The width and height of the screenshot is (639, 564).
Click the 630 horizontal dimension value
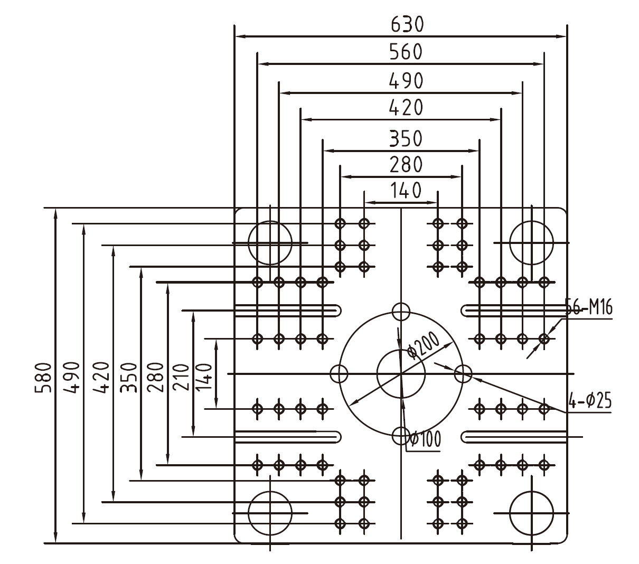(407, 24)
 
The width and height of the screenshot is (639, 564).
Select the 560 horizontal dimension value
(406, 52)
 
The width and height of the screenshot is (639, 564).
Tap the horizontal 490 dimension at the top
(406, 81)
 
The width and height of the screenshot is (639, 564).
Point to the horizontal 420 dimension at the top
(406, 108)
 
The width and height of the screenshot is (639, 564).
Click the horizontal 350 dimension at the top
(406, 138)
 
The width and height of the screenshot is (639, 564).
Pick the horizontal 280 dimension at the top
(406, 165)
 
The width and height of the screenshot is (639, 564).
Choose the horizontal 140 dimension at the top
(406, 190)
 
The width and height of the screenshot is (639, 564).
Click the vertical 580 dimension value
(43, 378)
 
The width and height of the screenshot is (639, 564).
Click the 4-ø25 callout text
(590, 401)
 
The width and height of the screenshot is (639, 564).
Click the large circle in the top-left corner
(270, 242)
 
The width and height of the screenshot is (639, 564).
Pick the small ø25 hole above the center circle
(401, 311)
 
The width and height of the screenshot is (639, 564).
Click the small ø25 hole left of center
(339, 373)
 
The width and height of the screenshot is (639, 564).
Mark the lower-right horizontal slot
(515, 437)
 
